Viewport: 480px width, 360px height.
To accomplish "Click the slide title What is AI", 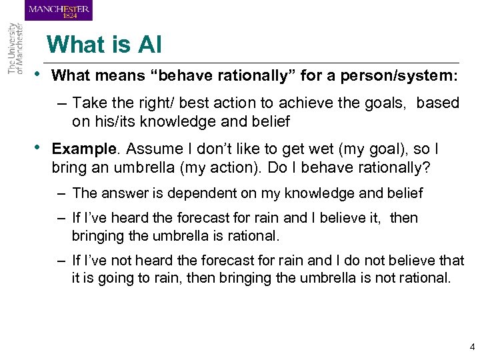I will coord(104,45).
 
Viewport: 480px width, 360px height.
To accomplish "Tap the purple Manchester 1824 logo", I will coord(59,10).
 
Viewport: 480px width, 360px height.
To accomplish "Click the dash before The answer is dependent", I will coord(61,193).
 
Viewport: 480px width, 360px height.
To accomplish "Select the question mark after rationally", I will coord(427,166).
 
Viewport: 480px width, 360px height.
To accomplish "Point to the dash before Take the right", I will coord(61,103).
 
